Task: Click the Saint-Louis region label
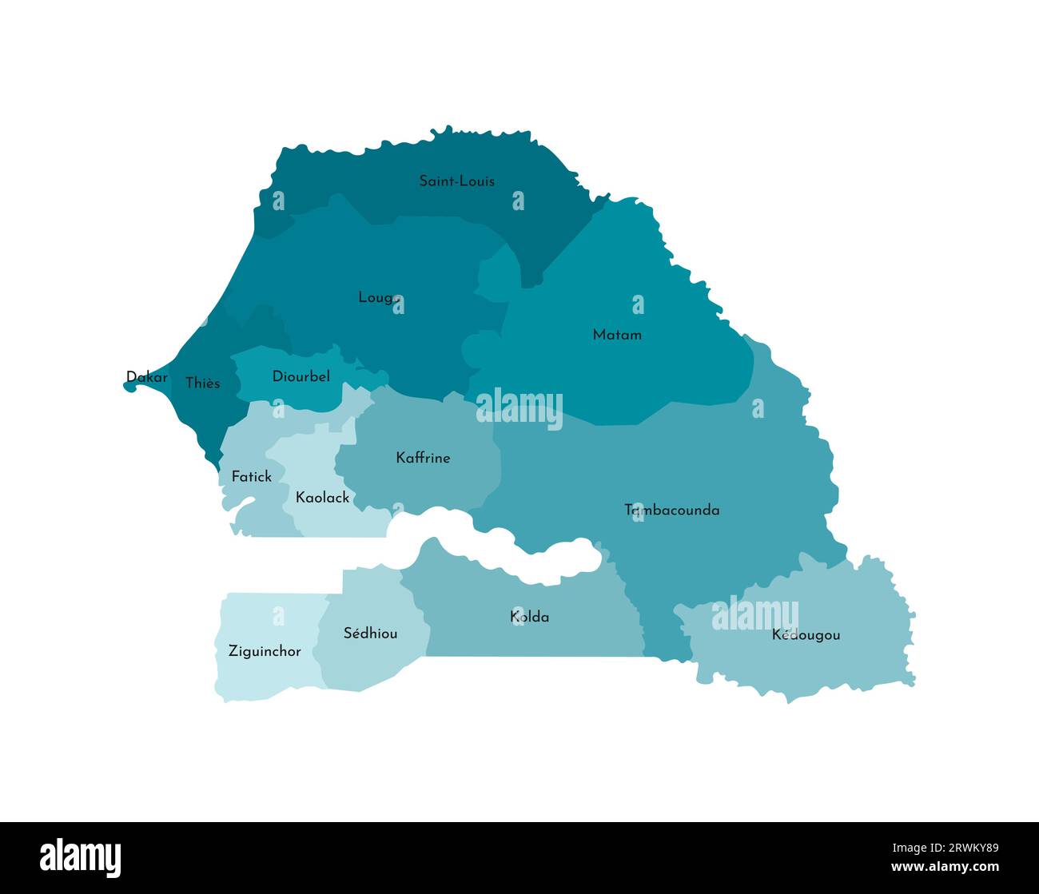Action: pyautogui.click(x=456, y=181)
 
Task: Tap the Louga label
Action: pyautogui.click(x=379, y=298)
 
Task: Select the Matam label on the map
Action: pyautogui.click(x=617, y=335)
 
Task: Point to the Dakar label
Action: pyautogui.click(x=147, y=377)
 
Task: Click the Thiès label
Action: pyautogui.click(x=202, y=383)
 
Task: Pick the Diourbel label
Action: pyautogui.click(x=301, y=376)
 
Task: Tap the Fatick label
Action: pyautogui.click(x=251, y=477)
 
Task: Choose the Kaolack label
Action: pyautogui.click(x=322, y=498)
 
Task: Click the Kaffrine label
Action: pyautogui.click(x=423, y=458)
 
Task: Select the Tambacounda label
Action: pyautogui.click(x=671, y=510)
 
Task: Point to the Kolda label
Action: pyautogui.click(x=529, y=617)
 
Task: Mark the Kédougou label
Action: pyautogui.click(x=806, y=635)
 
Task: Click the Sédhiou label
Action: pyautogui.click(x=370, y=634)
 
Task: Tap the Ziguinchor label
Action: pyautogui.click(x=265, y=651)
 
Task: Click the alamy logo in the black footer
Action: pyautogui.click(x=81, y=858)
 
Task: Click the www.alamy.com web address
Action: pyautogui.click(x=945, y=867)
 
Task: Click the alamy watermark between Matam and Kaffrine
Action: pyautogui.click(x=519, y=408)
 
